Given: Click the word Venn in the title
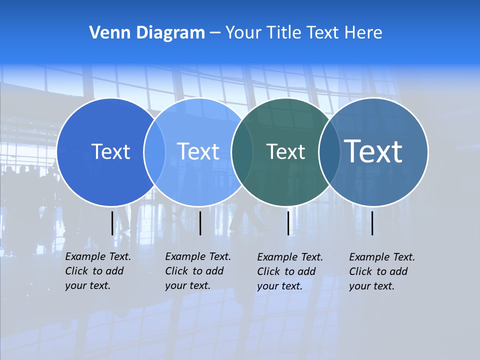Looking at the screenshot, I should (106, 33).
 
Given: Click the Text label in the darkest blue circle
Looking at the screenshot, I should (110, 151).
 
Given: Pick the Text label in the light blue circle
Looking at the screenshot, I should (198, 151).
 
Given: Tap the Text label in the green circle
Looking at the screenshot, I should (285, 151).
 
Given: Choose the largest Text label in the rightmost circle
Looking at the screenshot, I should (373, 151).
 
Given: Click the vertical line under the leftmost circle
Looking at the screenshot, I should (112, 223).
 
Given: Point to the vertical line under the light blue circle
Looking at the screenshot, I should (200, 223).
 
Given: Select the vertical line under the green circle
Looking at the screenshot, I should (288, 223).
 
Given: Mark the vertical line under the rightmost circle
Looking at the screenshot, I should (372, 223).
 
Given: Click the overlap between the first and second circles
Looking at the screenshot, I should (154, 152).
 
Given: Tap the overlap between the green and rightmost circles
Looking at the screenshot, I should (329, 152).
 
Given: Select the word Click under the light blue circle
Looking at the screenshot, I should (177, 271).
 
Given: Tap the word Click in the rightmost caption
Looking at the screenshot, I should (361, 271).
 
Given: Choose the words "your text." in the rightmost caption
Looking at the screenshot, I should (371, 286).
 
